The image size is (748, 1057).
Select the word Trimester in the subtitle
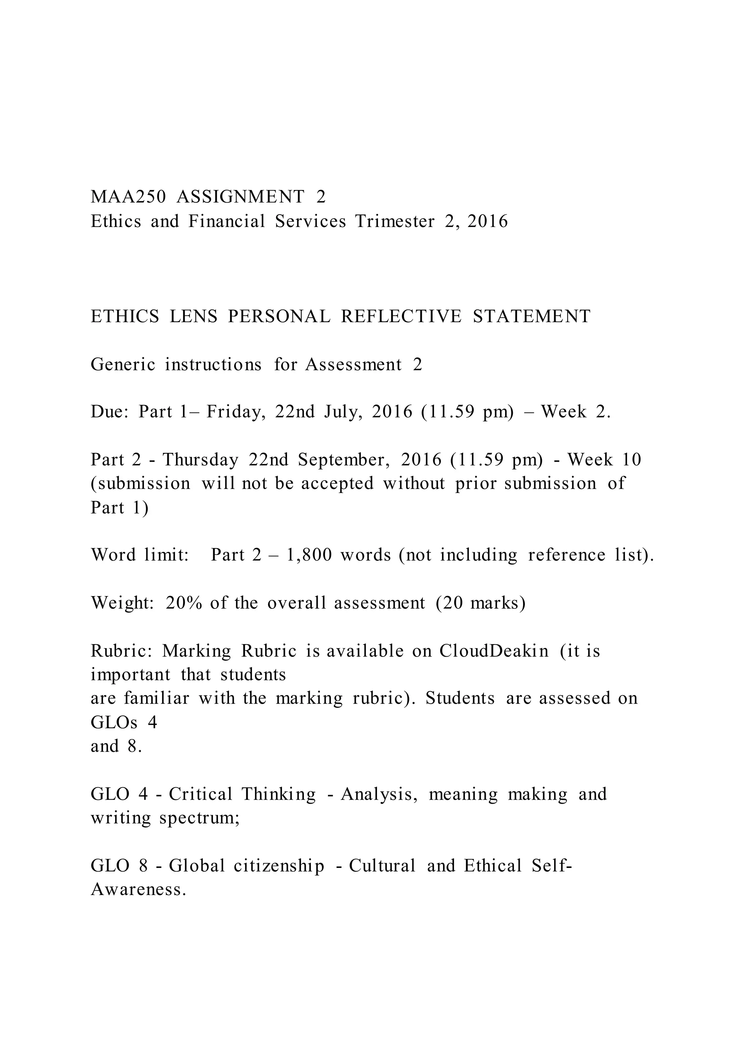394,222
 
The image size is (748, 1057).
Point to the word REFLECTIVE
401,317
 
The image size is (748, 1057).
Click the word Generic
123,365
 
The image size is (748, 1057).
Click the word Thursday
201,460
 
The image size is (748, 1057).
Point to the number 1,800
309,555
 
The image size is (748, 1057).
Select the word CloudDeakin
494,651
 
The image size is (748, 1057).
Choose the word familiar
156,698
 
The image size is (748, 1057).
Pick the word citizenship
279,866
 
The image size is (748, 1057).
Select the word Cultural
382,866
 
